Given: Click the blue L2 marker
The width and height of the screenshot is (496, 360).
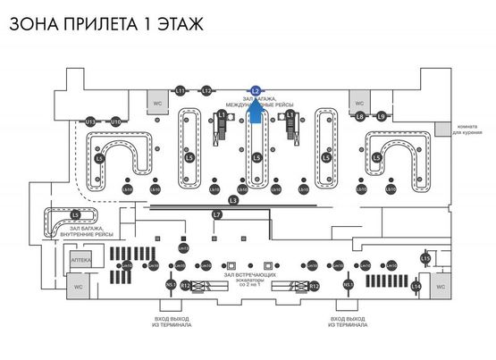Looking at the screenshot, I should [x=256, y=90].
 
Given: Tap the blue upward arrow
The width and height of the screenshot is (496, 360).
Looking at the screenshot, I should [x=256, y=110].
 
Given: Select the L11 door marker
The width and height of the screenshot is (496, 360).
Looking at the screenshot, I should [x=180, y=91].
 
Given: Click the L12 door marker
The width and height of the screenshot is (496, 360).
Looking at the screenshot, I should [x=206, y=91].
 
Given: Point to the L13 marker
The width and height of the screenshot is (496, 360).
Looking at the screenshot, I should [x=90, y=121].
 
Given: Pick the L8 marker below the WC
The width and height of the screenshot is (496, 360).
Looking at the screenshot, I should [x=359, y=116].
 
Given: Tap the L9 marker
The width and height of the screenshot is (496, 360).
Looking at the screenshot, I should [x=381, y=116].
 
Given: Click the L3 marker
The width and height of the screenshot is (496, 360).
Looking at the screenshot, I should [x=234, y=199].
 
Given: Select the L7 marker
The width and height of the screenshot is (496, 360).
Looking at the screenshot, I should [x=217, y=215].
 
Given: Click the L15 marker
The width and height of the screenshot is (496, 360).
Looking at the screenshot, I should [x=425, y=258].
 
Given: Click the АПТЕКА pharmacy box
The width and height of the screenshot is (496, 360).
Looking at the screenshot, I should [x=79, y=259].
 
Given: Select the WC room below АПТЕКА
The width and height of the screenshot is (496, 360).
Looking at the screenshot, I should [x=79, y=287].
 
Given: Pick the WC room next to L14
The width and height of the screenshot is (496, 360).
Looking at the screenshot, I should [x=440, y=286].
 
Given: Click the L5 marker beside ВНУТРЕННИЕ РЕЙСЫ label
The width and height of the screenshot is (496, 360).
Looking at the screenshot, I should [x=75, y=215].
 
